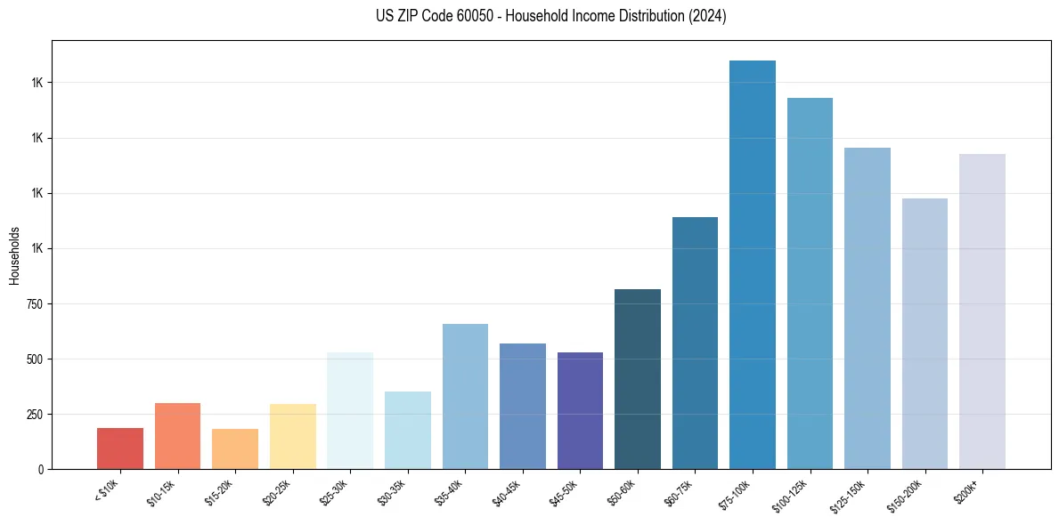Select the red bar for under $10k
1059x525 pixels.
pos(120,448)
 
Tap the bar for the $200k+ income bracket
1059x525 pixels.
pos(982,311)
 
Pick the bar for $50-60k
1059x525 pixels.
pos(637,379)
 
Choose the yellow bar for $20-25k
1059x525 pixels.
pos(292,436)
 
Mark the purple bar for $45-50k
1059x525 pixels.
pos(580,410)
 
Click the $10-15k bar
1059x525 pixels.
pos(177,436)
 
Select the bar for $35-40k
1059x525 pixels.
pos(465,396)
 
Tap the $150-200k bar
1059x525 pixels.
pos(925,334)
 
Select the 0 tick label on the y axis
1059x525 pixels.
pos(41,470)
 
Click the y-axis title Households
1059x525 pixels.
pos(14,255)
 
